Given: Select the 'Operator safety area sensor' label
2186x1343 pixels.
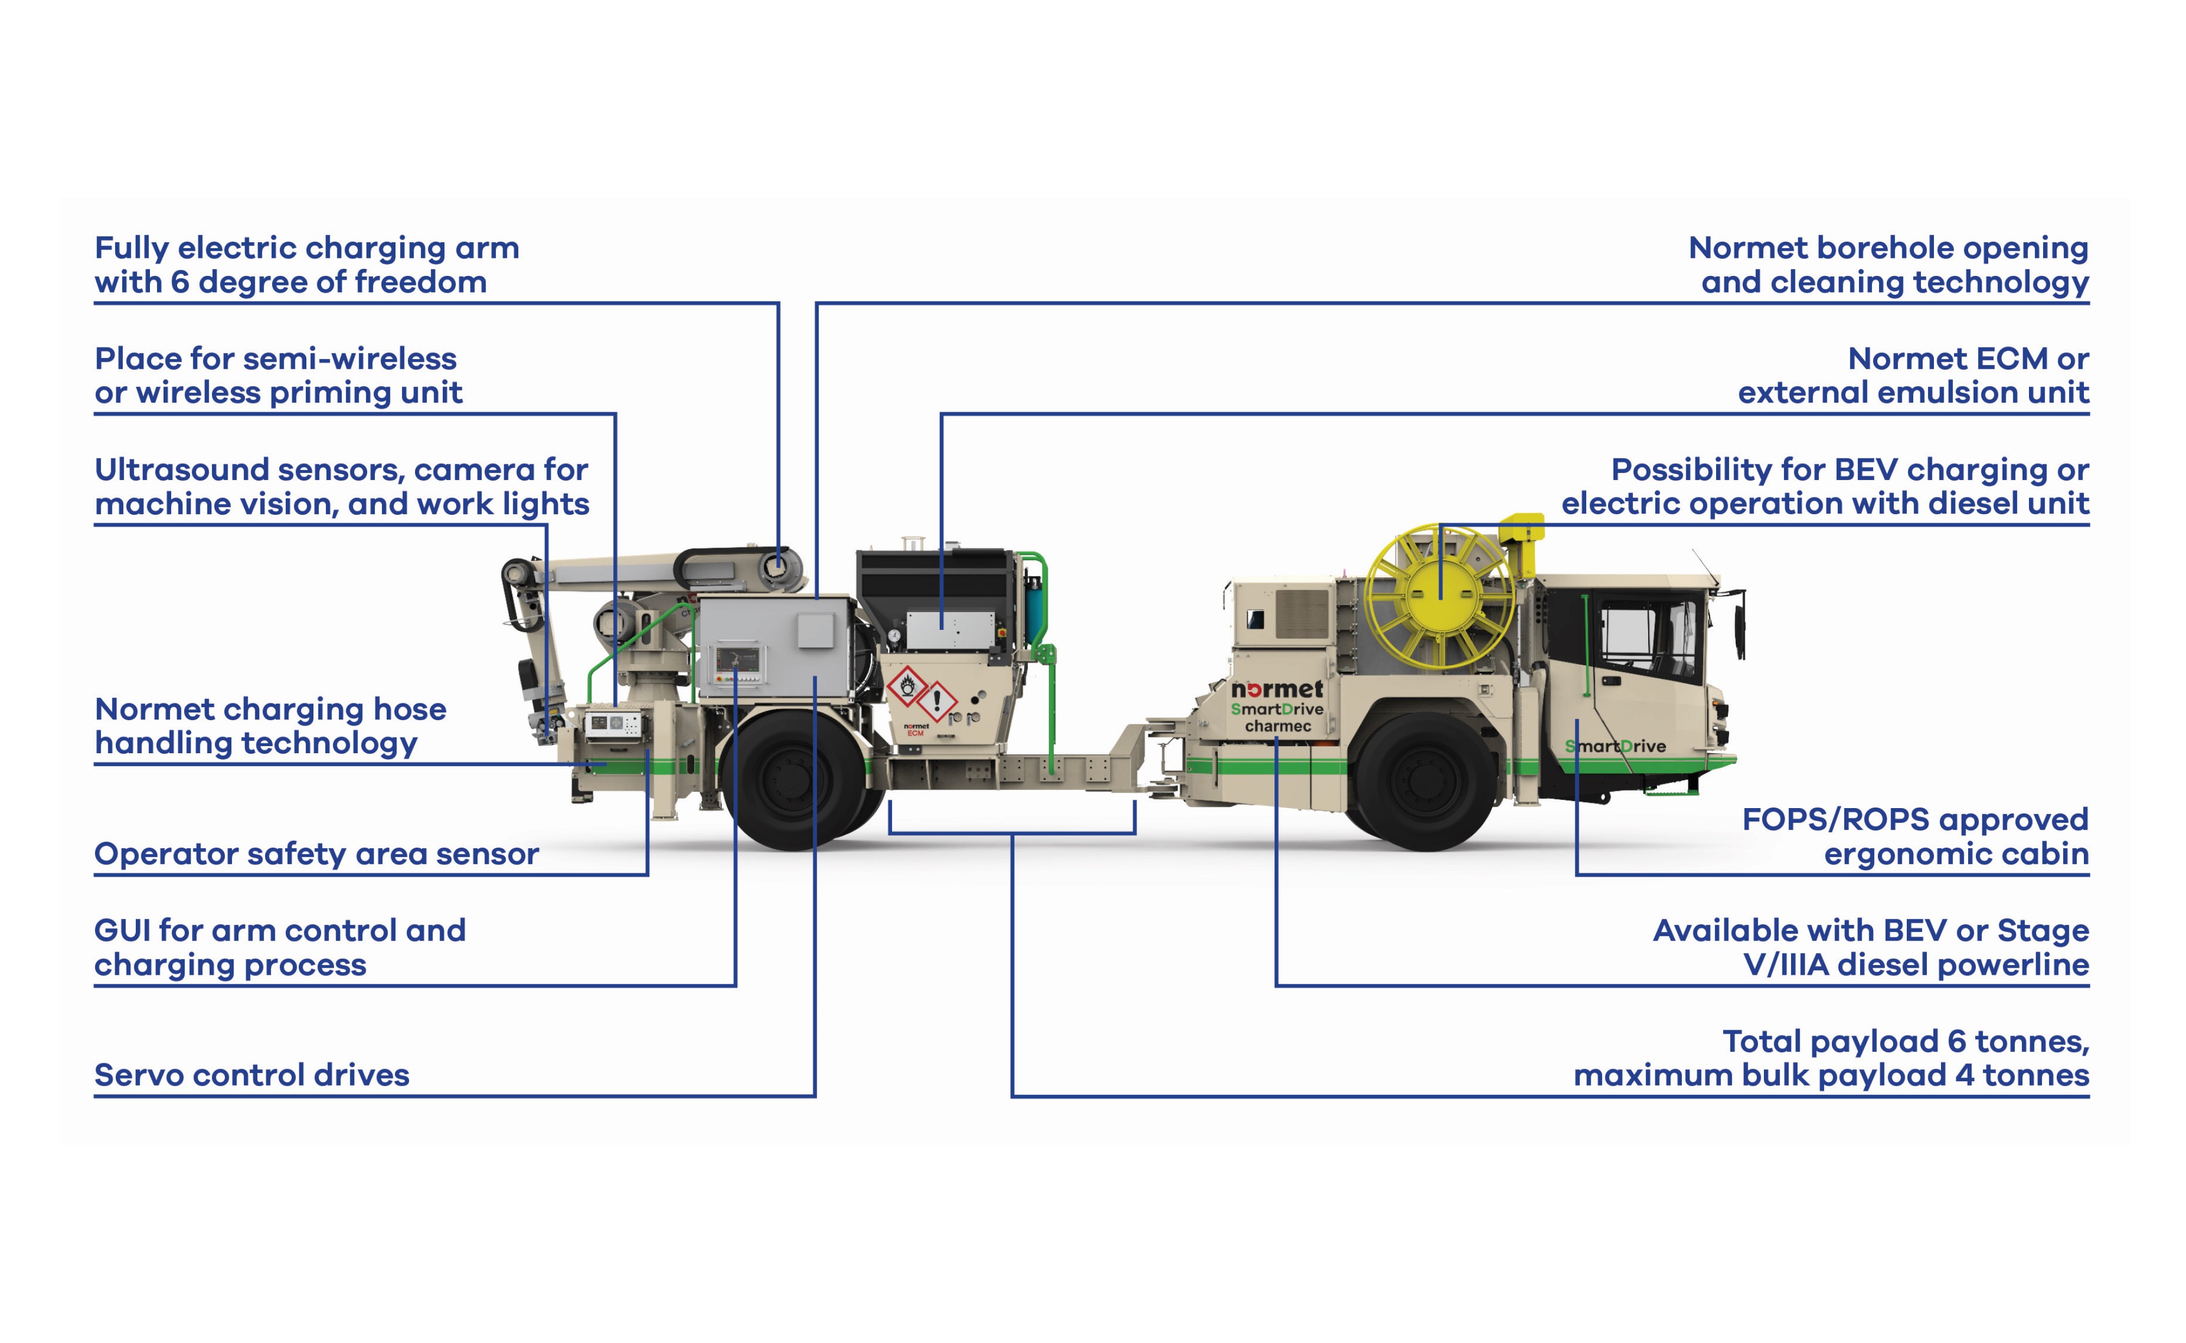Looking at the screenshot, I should (316, 854).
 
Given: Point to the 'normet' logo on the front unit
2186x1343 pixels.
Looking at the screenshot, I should (1277, 689).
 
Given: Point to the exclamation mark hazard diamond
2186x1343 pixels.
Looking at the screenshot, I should (936, 701).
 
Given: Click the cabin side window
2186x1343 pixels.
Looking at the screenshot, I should (1628, 635).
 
